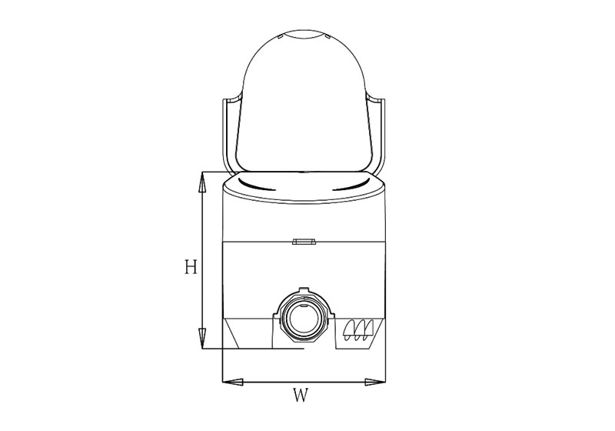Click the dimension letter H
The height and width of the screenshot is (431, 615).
coord(191,267)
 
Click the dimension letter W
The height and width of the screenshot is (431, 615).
coord(301,397)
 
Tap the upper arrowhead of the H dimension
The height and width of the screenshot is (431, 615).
coord(201,182)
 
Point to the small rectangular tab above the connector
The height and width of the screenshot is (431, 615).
coord(304,242)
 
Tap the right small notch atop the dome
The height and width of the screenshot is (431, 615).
coord(327,36)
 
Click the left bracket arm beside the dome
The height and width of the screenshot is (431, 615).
coord(228,135)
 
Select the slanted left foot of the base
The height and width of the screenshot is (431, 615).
coord(235,334)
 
